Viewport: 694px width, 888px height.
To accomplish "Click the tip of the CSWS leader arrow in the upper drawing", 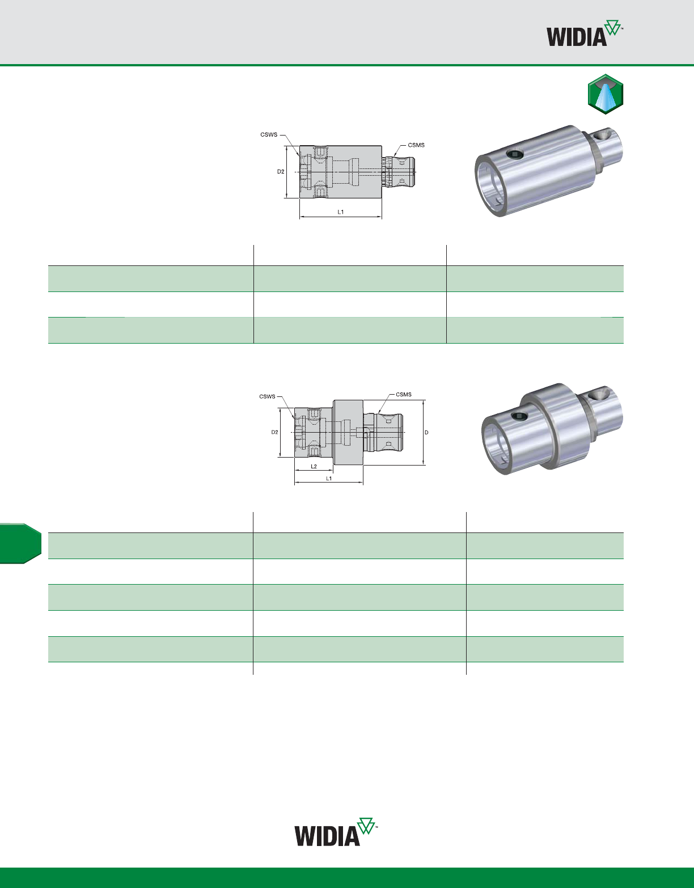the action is click(x=299, y=157).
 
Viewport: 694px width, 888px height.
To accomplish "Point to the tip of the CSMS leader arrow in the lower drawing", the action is click(x=378, y=413).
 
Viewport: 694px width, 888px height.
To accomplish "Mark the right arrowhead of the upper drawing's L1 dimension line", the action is click(x=380, y=216).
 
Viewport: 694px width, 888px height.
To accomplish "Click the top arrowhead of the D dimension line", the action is click(x=424, y=401).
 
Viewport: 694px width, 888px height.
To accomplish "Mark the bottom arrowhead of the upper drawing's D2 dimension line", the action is click(x=287, y=197).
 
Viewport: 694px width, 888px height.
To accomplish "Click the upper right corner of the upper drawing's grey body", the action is click(x=382, y=146).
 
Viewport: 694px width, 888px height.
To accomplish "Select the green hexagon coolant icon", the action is click(x=606, y=94).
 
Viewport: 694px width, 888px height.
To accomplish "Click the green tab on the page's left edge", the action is click(x=20, y=543).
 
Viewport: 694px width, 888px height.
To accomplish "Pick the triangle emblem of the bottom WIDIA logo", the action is click(x=366, y=826).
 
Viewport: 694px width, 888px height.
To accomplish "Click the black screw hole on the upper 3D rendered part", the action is click(x=515, y=154).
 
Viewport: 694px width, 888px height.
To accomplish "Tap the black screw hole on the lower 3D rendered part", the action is click(x=519, y=416).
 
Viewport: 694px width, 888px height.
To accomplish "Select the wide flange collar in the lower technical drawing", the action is click(x=349, y=432).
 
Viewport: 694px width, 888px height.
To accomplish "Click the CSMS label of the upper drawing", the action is click(x=416, y=145).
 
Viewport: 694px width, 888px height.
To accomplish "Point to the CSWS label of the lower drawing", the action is click(x=268, y=396).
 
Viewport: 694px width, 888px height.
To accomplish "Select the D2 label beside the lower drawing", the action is click(x=275, y=432).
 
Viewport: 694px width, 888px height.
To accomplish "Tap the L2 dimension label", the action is click(x=314, y=466).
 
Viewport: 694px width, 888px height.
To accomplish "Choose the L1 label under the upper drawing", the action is click(x=341, y=212).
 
